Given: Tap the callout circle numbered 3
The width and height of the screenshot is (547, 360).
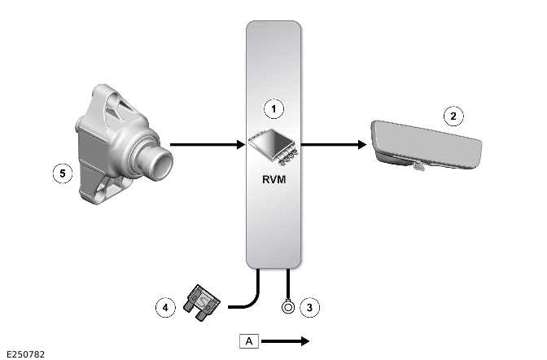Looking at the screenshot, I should click(309, 307).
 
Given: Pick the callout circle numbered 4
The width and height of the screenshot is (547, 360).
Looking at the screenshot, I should click(166, 307).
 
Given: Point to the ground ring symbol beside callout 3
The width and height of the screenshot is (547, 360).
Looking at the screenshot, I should click(288, 308).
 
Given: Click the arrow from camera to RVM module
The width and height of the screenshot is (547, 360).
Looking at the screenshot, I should click(208, 146).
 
